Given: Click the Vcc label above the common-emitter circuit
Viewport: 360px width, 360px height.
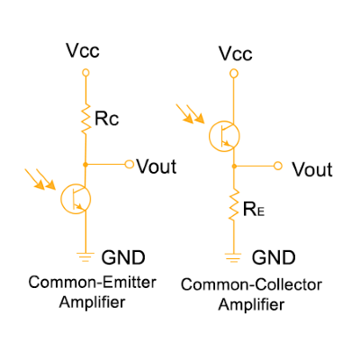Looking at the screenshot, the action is point(83,50).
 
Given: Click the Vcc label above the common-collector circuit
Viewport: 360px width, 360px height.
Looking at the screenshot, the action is point(236,54).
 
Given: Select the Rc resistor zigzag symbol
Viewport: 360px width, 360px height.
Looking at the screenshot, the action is point(85,119).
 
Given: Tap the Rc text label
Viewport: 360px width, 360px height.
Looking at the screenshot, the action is point(107,119).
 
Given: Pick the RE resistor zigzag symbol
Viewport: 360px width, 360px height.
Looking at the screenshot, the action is point(234,204).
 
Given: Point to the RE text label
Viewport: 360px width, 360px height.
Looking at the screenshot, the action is point(254,209).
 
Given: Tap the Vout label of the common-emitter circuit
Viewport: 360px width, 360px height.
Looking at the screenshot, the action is point(157,166).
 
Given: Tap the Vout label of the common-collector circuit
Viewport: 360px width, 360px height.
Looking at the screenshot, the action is point(312,169).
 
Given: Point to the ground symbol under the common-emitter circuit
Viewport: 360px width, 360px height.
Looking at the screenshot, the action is point(85,257).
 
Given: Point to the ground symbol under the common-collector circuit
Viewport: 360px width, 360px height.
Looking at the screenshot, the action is point(233,257).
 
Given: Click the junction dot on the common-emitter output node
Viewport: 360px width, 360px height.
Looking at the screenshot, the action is point(85,165).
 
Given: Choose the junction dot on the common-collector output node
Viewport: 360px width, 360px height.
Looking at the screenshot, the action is point(234,166).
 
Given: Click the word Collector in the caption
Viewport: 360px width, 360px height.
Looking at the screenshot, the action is point(290,284).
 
